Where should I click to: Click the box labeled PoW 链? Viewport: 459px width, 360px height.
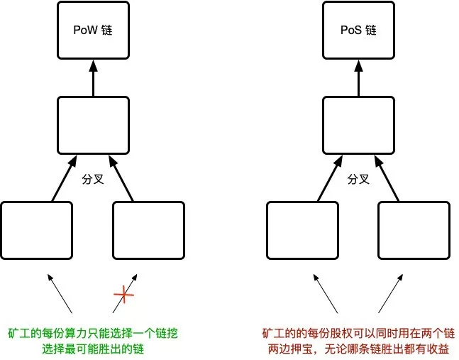pos(93,30)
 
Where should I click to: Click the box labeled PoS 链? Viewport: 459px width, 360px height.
pos(358,30)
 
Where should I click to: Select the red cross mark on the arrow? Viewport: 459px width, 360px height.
pos(124,294)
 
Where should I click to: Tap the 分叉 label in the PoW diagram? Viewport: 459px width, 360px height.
pos(93,179)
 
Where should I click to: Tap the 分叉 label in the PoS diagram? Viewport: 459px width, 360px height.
pos(358,179)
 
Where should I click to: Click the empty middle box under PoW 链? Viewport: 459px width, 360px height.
pos(93,126)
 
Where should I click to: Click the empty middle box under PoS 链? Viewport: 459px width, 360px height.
pos(358,126)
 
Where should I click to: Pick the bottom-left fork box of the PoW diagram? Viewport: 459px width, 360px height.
pos(37,230)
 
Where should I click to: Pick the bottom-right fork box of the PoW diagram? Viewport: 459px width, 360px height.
pos(149,230)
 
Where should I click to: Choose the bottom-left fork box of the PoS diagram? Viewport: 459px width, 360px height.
pos(302,230)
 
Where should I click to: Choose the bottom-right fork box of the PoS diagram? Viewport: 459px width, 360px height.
pos(414,230)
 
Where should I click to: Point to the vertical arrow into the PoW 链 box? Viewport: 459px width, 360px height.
pos(94,78)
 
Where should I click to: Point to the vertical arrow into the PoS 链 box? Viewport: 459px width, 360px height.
pos(359,78)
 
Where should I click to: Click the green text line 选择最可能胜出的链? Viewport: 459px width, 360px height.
pos(93,349)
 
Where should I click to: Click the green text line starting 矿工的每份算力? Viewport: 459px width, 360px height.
pos(93,334)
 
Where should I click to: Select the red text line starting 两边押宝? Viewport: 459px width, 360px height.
pos(358,349)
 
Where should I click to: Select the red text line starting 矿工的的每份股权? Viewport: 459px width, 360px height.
pos(358,334)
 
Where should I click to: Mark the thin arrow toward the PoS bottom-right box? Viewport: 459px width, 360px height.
pos(390,293)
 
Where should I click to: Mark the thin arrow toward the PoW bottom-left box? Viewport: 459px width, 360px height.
pos(60,293)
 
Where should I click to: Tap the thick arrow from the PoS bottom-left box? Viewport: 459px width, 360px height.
pos(330,178)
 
